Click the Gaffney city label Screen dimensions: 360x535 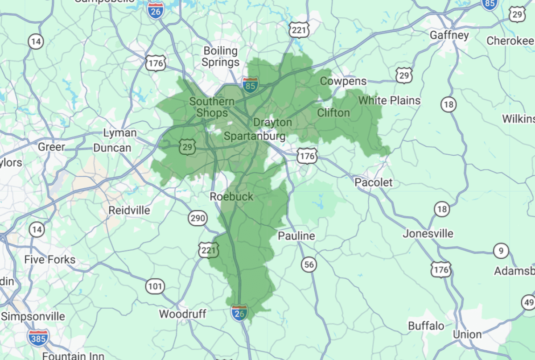click(x=449, y=35)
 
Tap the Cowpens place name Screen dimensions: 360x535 click(x=343, y=81)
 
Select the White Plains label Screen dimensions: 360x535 click(x=389, y=100)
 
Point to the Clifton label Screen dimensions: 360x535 click(x=333, y=113)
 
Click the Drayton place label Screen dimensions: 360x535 click(x=272, y=122)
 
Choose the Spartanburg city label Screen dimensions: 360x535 click(x=255, y=136)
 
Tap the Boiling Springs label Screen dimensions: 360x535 click(x=221, y=57)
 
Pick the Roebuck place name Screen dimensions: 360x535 click(x=231, y=196)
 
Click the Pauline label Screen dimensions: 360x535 click(x=296, y=236)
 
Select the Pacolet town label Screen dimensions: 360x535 click(x=374, y=182)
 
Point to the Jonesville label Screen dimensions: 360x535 click(x=428, y=233)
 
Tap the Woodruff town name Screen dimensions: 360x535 click(x=182, y=314)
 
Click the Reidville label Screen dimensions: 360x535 click(x=129, y=210)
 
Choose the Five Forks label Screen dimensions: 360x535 click(x=50, y=259)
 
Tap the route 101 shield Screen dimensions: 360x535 click(x=155, y=286)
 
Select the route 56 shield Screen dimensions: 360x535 click(x=309, y=265)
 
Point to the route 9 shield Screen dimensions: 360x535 click(x=501, y=251)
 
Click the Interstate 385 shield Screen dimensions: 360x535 click(x=37, y=338)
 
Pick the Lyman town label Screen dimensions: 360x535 click(x=119, y=133)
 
